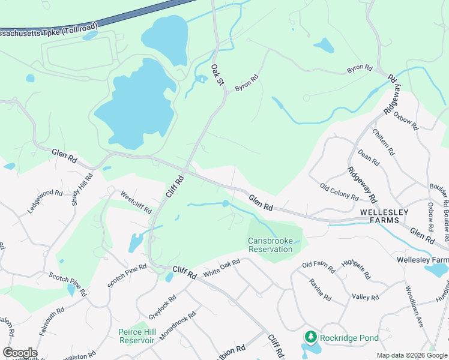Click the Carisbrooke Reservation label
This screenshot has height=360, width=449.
click(270, 245)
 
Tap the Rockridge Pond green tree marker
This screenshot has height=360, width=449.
click(311, 338)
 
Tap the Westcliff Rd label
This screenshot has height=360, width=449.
click(136, 202)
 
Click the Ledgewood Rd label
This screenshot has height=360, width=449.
click(45, 202)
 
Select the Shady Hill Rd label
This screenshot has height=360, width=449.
click(83, 190)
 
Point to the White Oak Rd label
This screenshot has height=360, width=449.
click(221, 268)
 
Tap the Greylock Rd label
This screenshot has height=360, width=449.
click(163, 307)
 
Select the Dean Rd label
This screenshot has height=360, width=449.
click(368, 158)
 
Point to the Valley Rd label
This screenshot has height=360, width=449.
click(366, 297)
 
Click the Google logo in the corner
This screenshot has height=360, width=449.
click(20, 353)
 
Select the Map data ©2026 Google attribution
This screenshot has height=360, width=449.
click(412, 355)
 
